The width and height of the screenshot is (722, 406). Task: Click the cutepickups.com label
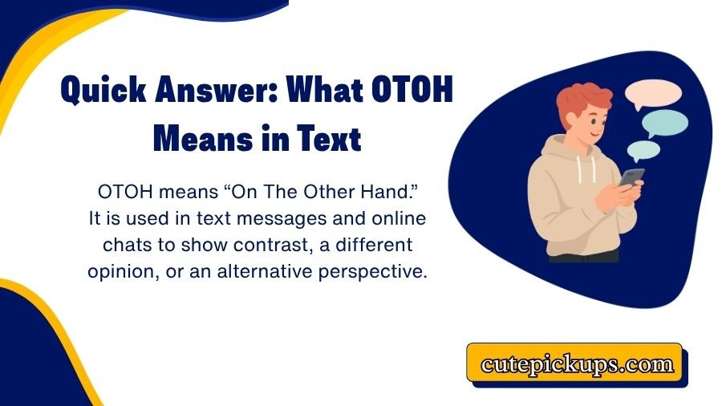577,364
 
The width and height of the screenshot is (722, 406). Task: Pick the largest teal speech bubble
665,123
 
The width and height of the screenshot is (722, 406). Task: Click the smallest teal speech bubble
643,149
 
